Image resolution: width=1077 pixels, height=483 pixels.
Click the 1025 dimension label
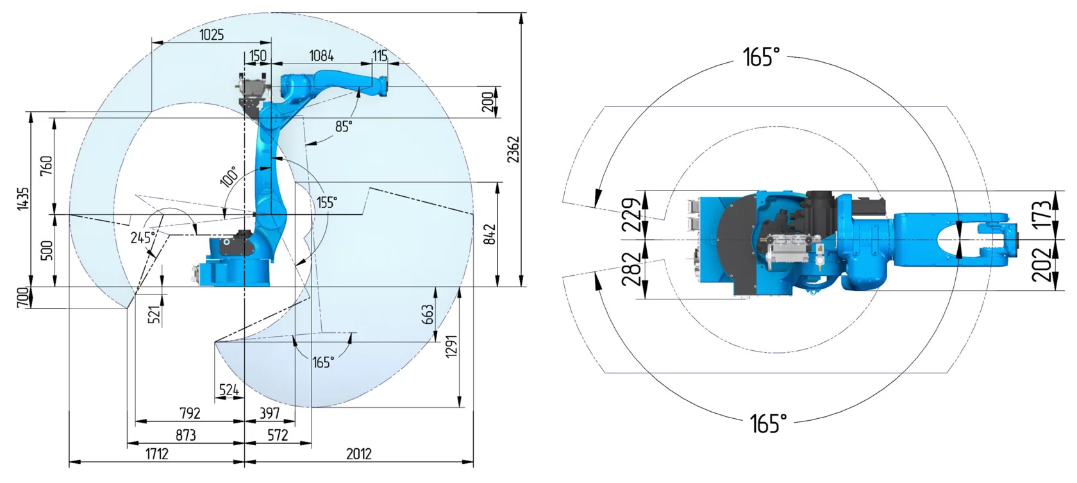(212, 35)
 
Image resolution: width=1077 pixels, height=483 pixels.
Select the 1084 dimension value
(321, 56)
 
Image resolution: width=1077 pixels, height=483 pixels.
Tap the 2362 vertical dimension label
(513, 149)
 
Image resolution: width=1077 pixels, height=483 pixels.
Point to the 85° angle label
(344, 126)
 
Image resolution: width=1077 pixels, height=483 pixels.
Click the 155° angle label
(326, 202)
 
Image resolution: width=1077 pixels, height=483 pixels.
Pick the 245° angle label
(143, 237)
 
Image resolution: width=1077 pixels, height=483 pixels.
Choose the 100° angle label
(230, 176)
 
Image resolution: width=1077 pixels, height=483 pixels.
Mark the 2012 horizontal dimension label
(359, 453)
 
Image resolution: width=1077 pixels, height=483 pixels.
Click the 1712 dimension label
(156, 453)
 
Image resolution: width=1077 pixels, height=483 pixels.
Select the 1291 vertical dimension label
(451, 346)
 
